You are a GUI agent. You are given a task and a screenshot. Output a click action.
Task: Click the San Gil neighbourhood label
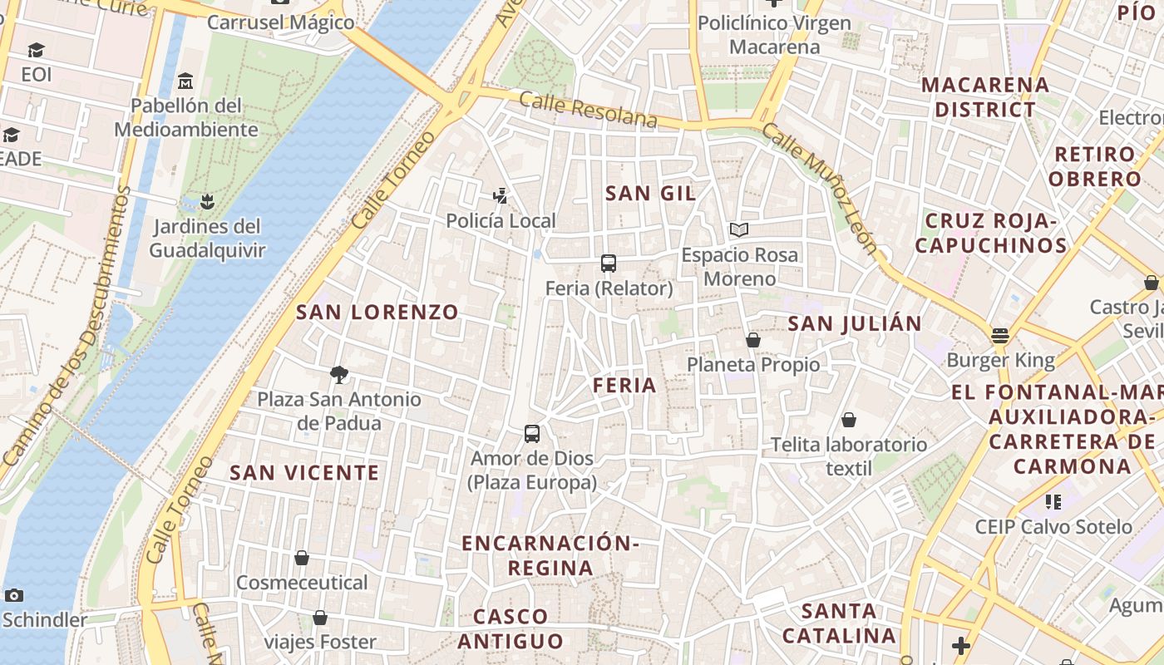click(650, 194)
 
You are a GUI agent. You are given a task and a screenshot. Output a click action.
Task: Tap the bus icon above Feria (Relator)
click(609, 264)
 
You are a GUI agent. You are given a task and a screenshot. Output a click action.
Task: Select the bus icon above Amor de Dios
click(532, 433)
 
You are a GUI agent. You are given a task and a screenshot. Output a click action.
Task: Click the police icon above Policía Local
click(500, 196)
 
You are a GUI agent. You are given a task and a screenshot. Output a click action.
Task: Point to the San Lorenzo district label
click(377, 313)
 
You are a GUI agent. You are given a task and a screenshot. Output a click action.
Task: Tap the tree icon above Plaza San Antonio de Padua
click(338, 374)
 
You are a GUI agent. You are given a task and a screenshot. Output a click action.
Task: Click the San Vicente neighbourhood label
click(304, 473)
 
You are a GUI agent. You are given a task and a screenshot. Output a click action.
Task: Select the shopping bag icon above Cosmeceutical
click(302, 558)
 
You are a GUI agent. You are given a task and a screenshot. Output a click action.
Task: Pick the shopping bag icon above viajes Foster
click(320, 618)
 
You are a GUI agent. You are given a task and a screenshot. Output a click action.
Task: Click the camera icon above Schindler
click(13, 595)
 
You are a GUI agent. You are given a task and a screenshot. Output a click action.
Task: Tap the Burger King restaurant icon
click(999, 336)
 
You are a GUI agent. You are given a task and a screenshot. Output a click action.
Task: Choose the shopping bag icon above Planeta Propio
click(753, 340)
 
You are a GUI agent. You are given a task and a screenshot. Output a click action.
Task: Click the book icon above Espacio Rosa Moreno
click(739, 229)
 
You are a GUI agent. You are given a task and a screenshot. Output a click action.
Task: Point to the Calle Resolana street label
click(589, 111)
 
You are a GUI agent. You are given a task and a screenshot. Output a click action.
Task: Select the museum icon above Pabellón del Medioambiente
click(185, 81)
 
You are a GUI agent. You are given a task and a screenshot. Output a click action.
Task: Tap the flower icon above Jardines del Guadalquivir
click(207, 201)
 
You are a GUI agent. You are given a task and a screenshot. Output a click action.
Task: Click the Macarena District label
click(985, 97)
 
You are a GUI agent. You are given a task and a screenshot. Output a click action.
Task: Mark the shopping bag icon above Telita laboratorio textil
click(849, 420)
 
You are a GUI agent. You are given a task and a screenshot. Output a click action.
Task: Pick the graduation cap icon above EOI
click(36, 51)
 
